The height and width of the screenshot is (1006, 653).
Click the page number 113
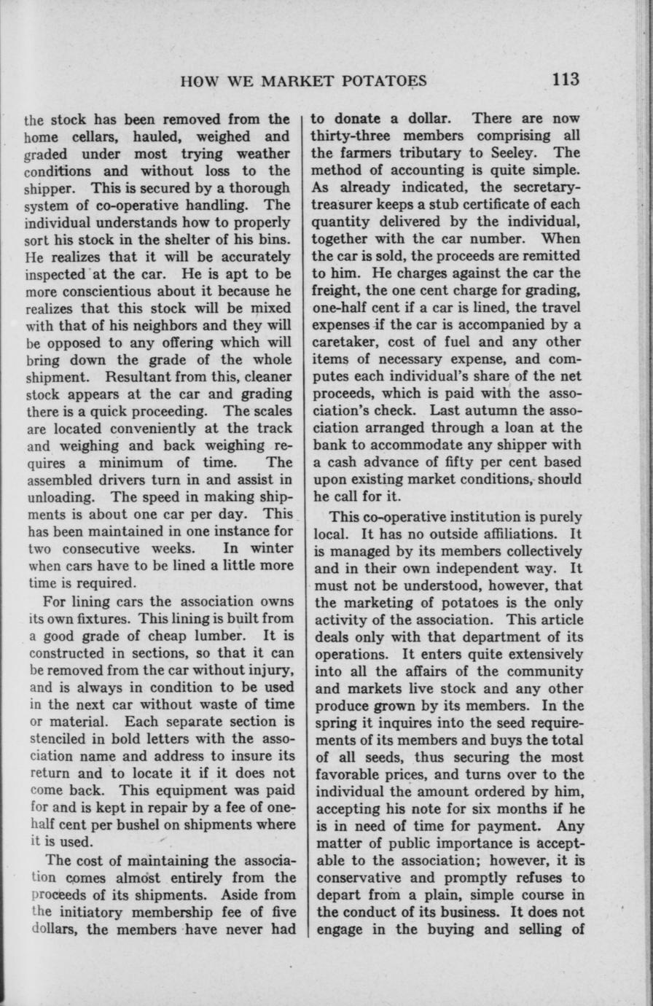(565, 79)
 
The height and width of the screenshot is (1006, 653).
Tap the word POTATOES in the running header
(386, 80)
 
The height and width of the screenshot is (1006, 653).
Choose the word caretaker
(344, 341)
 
